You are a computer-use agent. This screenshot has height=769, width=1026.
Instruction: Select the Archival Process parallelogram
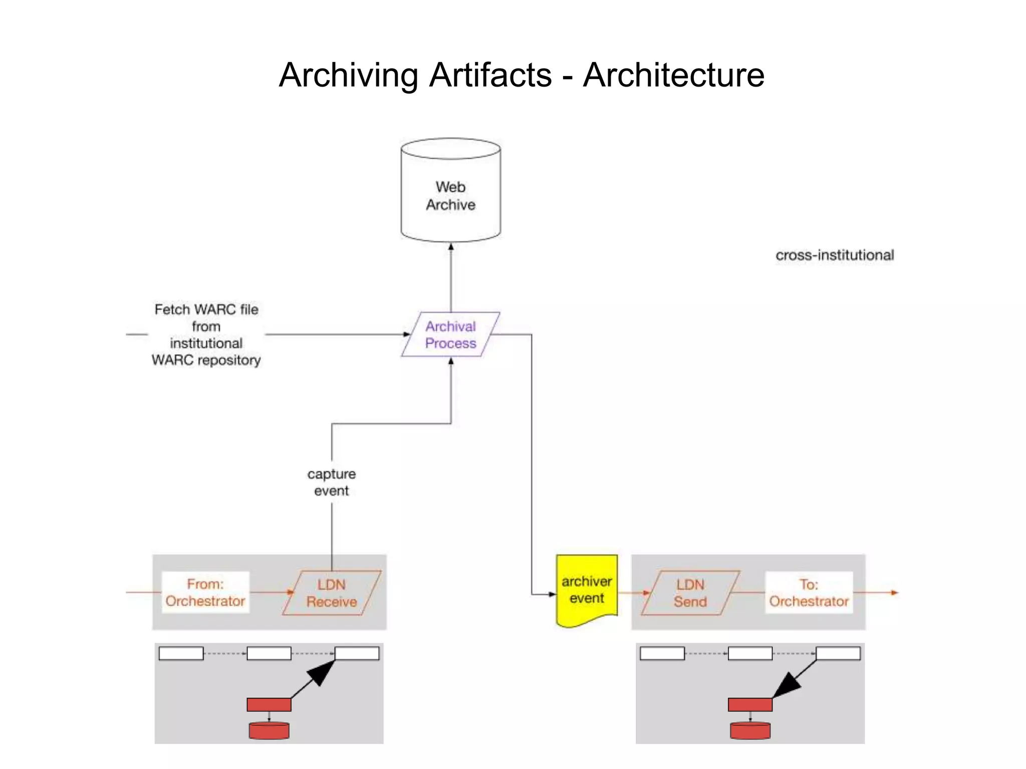coord(450,334)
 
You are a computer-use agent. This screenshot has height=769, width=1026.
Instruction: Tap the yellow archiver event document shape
coord(587,590)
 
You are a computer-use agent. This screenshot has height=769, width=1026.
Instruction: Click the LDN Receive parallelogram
coord(331,593)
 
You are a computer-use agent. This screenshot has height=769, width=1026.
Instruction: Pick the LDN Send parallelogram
coord(690,593)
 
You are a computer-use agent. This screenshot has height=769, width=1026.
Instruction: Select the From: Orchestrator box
coord(205,592)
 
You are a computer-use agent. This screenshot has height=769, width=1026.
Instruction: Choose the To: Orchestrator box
coord(809,592)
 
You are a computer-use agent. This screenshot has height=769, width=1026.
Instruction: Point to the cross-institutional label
coord(835,255)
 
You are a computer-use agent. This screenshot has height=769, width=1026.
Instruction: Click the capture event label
coord(331,482)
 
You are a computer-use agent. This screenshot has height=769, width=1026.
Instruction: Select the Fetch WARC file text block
coord(206,334)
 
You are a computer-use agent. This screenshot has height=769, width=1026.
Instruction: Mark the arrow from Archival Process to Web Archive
coord(451,278)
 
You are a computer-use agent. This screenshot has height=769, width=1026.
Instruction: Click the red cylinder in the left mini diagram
coord(269,730)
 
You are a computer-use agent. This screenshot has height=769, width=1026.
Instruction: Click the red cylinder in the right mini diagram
coord(750,730)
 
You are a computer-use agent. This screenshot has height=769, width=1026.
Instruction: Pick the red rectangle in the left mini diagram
coord(269,704)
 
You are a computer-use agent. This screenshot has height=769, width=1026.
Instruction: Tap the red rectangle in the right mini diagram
coord(750,704)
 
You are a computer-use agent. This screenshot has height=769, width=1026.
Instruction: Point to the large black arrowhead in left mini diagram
coord(322,673)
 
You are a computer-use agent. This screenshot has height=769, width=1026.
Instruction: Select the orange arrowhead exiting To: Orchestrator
coord(894,593)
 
